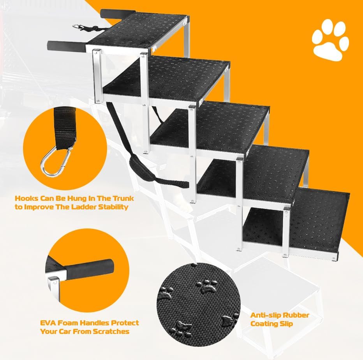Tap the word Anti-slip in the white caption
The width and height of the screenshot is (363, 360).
pyautogui.click(x=265, y=315)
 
